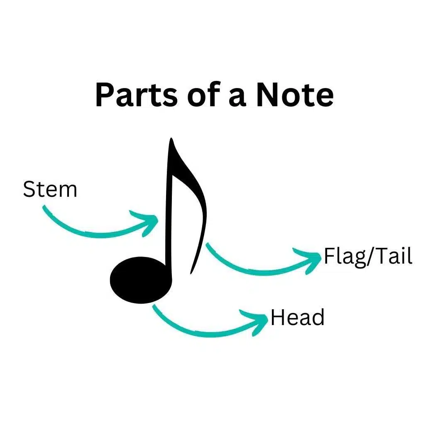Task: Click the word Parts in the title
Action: coord(137,95)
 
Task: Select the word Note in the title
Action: coord(295,95)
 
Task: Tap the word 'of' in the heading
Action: coord(204,94)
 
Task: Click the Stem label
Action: coord(50,189)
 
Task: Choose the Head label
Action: coord(298,318)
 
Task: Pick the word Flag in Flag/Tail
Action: coord(345,257)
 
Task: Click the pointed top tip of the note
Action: coord(171,138)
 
